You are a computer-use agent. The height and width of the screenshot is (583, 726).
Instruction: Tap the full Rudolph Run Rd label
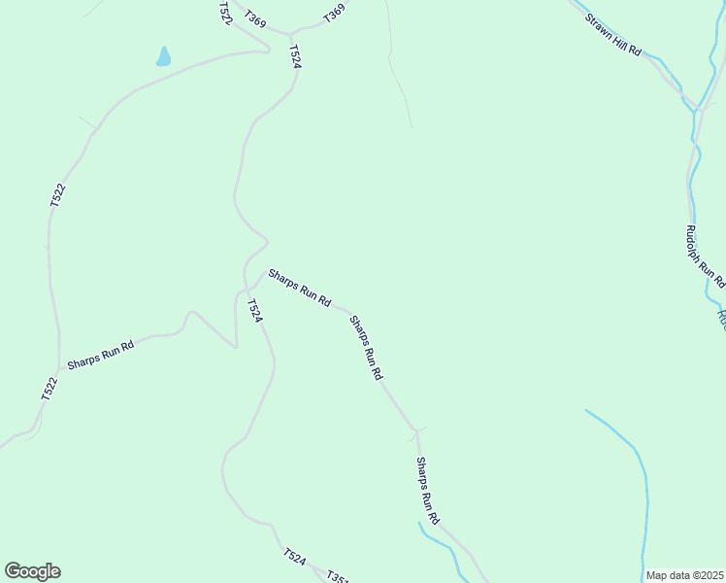(706, 256)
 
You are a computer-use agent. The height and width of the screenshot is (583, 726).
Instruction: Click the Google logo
(32, 571)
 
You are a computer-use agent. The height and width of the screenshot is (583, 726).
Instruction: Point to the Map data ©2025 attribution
(684, 575)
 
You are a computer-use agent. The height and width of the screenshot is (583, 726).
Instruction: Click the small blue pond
(163, 57)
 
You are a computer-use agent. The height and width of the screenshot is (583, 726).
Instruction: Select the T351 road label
(337, 577)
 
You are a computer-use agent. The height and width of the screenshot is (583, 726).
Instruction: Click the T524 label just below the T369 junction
(295, 56)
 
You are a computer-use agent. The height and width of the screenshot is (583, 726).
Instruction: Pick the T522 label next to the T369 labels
(225, 13)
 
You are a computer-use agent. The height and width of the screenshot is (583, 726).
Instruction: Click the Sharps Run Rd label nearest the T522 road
(100, 356)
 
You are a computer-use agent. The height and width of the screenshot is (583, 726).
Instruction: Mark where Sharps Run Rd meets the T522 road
(58, 370)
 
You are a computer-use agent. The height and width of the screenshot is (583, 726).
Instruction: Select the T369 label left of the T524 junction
(255, 18)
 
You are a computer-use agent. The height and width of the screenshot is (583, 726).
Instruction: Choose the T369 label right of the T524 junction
(334, 14)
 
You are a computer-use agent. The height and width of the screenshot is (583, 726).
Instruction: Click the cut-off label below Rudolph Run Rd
(721, 318)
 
